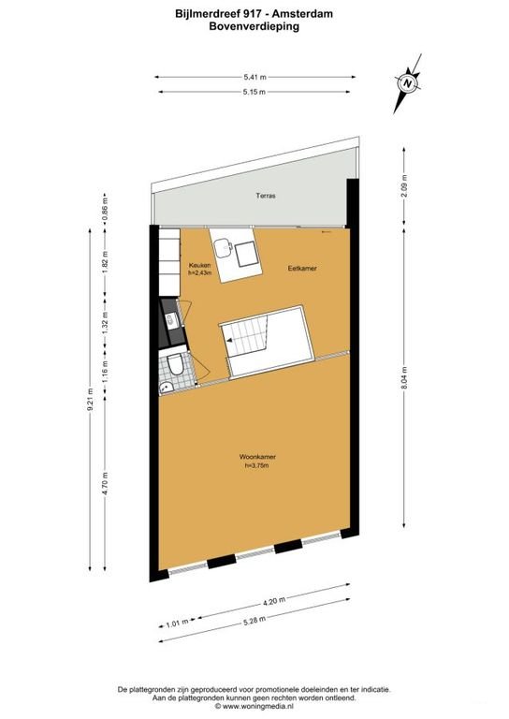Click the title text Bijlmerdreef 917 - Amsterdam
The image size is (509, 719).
pos(254,15)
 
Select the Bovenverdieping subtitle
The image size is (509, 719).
pos(254,27)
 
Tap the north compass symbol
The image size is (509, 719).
pos(408,82)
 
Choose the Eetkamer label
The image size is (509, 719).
pos(302,269)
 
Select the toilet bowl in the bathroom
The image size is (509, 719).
pos(173,367)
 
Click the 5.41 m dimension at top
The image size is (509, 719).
pos(254,76)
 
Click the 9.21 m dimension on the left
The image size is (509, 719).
pos(91,402)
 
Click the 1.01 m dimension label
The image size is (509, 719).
pos(176,620)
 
